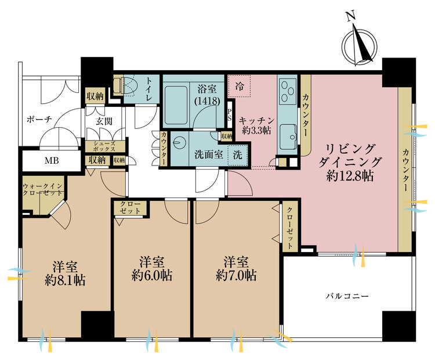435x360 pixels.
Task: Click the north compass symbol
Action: click(x=359, y=45)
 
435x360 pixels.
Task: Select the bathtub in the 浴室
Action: click(x=176, y=105)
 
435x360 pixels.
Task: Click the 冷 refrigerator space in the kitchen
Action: click(x=239, y=86)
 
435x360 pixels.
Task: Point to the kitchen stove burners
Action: click(x=288, y=91)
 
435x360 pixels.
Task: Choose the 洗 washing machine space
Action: click(x=237, y=154)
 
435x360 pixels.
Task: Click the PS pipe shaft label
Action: click(x=230, y=115)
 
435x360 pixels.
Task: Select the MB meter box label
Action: click(x=52, y=161)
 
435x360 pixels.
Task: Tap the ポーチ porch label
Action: click(x=39, y=120)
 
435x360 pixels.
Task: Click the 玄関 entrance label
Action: click(x=104, y=121)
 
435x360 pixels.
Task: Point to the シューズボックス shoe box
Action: click(x=104, y=146)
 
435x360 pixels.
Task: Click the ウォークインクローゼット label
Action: click(x=42, y=189)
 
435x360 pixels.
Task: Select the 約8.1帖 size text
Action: click(x=65, y=280)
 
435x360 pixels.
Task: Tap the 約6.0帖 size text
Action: click(x=152, y=276)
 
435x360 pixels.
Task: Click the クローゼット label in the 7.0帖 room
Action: click(x=290, y=228)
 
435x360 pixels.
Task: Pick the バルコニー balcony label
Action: click(x=347, y=296)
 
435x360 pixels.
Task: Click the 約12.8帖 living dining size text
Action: click(x=350, y=175)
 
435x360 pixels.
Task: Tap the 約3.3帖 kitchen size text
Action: click(x=256, y=130)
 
